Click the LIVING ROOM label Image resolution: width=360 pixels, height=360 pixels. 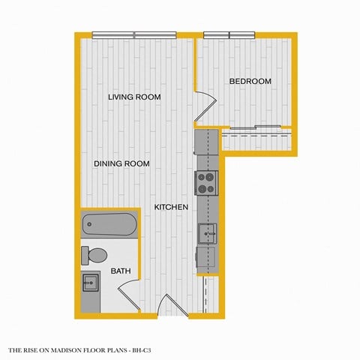(x=134, y=97)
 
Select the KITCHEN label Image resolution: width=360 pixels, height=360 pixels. (x=171, y=207)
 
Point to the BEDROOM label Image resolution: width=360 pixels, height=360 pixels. (x=250, y=81)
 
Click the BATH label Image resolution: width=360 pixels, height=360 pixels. (x=121, y=271)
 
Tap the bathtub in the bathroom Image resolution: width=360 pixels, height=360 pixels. (x=109, y=223)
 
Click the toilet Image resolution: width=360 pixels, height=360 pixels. (x=94, y=256)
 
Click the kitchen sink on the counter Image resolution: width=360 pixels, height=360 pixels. (x=207, y=234)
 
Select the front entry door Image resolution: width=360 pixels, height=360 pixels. (x=174, y=306)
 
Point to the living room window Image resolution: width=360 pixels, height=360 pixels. (x=134, y=34)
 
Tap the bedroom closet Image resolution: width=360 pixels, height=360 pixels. (x=256, y=139)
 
